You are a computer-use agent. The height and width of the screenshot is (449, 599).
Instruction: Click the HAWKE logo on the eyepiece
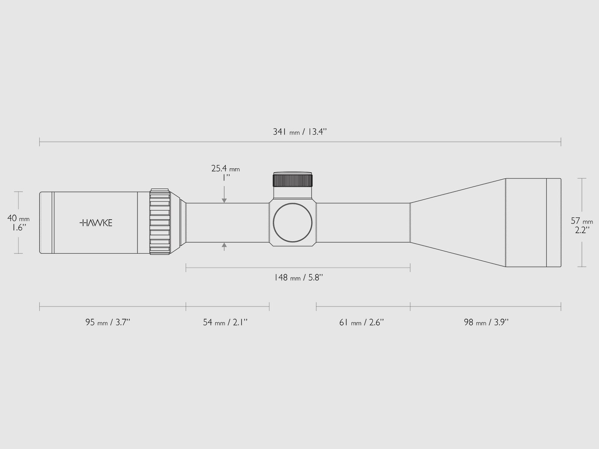pyautogui.click(x=96, y=223)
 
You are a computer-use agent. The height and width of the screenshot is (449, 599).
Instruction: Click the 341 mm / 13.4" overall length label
pyautogui.click(x=301, y=132)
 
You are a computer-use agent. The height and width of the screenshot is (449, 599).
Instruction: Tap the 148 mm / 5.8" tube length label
pyautogui.click(x=298, y=278)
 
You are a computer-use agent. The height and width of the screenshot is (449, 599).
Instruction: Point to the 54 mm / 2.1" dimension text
pyautogui.click(x=225, y=323)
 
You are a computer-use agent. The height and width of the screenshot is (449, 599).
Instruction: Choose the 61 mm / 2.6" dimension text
pyautogui.click(x=362, y=323)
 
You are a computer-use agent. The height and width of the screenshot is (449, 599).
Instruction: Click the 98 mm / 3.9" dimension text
pyautogui.click(x=486, y=323)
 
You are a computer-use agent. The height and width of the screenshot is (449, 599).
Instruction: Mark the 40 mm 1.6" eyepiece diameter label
pyautogui.click(x=18, y=223)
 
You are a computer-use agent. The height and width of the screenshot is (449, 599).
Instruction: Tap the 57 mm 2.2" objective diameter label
pyautogui.click(x=582, y=225)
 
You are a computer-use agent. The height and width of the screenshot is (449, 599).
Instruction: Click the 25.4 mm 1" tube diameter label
pyautogui.click(x=225, y=172)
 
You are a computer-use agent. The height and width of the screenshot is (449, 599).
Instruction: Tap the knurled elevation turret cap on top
pyautogui.click(x=293, y=180)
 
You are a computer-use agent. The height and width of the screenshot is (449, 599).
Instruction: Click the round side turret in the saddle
pyautogui.click(x=292, y=223)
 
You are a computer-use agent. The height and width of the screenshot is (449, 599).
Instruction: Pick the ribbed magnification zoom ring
pyautogui.click(x=160, y=222)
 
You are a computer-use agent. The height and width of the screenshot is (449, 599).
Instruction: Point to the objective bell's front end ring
pyautogui.click(x=554, y=223)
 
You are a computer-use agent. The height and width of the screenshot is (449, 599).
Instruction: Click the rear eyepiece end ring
pyautogui.click(x=46, y=223)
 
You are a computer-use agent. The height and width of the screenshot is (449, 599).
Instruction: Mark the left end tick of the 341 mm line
pyautogui.click(x=40, y=142)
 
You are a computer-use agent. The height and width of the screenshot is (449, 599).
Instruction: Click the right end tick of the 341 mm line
pyautogui.click(x=560, y=142)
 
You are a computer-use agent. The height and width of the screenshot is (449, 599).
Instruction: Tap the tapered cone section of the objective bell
pyautogui.click(x=459, y=223)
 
